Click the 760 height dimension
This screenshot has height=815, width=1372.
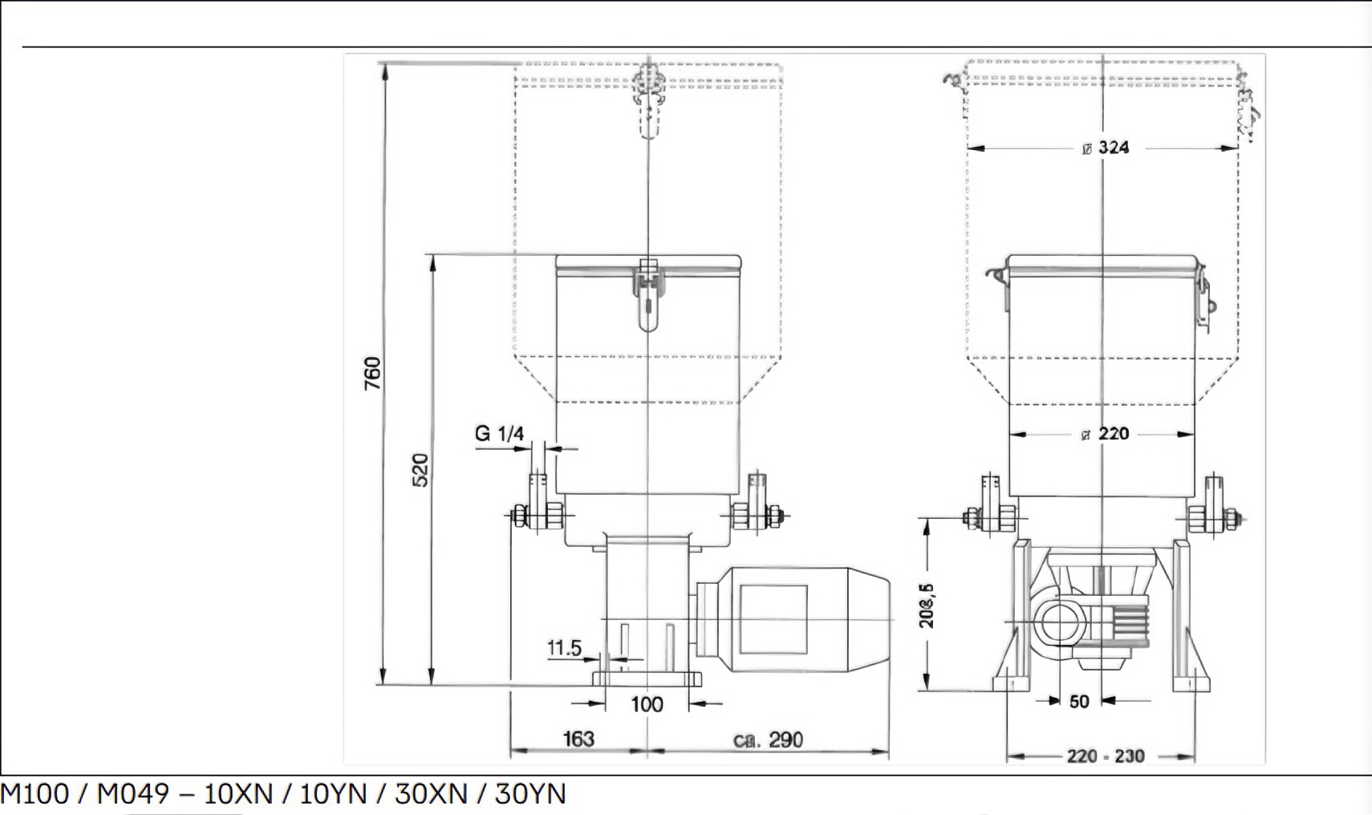[372, 373]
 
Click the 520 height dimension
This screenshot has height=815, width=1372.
[420, 470]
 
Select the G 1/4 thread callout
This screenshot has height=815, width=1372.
[499, 434]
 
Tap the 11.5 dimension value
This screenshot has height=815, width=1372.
[564, 647]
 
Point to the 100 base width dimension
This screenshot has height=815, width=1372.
[647, 704]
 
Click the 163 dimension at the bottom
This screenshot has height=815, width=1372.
[578, 739]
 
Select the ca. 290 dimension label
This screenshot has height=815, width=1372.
[768, 740]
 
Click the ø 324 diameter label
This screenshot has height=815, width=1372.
[1106, 148]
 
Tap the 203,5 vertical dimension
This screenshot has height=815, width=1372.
[927, 606]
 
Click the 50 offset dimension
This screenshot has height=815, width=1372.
[1079, 702]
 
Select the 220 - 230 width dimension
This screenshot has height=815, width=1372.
[1105, 756]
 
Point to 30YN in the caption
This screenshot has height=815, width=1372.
[530, 794]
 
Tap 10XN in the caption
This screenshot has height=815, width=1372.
[238, 794]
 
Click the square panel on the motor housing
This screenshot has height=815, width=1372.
[773, 618]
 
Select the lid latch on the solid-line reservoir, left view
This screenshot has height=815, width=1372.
[648, 293]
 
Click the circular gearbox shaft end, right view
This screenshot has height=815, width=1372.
[1060, 625]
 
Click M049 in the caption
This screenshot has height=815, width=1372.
[132, 794]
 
